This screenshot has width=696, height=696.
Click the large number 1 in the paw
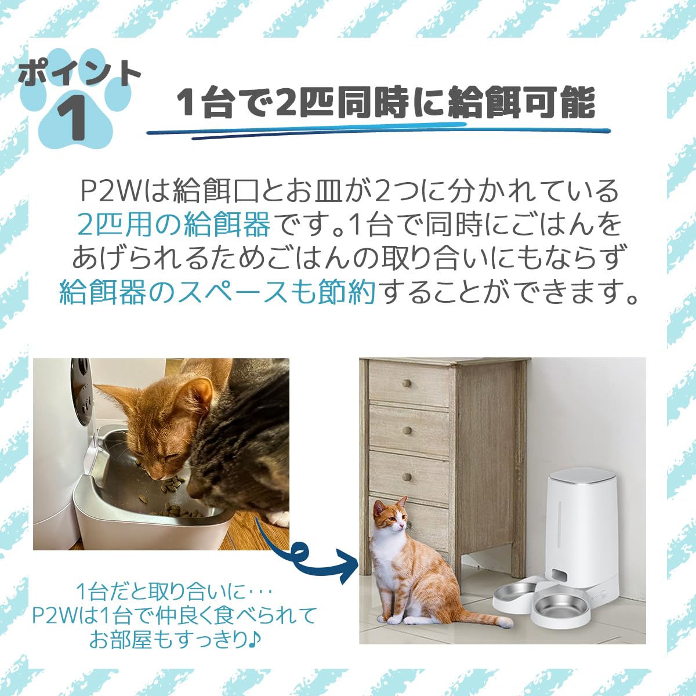pyautogui.click(x=73, y=117)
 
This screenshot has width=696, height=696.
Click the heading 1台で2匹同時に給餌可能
pyautogui.click(x=386, y=103)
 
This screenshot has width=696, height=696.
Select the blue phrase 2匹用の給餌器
pyautogui.click(x=173, y=224)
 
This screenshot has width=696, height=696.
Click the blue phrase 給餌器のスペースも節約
pyautogui.click(x=217, y=292)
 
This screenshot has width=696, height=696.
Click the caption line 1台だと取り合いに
pyautogui.click(x=174, y=592)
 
